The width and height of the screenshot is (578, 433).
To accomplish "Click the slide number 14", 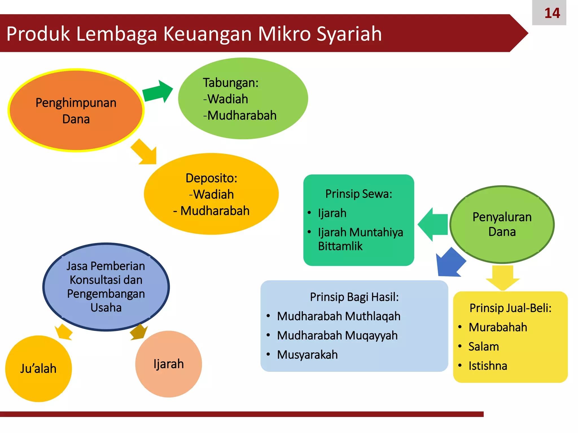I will click(552, 13).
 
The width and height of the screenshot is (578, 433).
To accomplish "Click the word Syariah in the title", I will click(349, 34).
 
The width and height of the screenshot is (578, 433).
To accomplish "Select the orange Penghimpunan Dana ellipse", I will click(76, 111).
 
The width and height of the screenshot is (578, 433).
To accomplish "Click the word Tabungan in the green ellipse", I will click(230, 83).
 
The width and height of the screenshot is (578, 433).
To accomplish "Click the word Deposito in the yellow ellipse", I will click(211, 178).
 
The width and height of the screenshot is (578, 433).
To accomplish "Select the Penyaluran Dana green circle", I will click(502, 224).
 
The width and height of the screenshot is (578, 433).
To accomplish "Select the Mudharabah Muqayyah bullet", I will click(337, 335).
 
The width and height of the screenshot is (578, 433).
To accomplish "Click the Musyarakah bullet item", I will click(307, 355).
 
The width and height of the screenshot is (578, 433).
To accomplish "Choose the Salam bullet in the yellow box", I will click(483, 346).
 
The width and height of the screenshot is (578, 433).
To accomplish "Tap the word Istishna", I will click(488, 366).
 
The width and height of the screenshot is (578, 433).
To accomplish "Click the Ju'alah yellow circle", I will click(38, 368).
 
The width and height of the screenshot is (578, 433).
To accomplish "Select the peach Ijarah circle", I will click(168, 364).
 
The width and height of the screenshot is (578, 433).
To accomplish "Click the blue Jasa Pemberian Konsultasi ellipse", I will click(106, 287).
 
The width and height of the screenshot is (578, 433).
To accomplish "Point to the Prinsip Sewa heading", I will click(358, 194).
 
